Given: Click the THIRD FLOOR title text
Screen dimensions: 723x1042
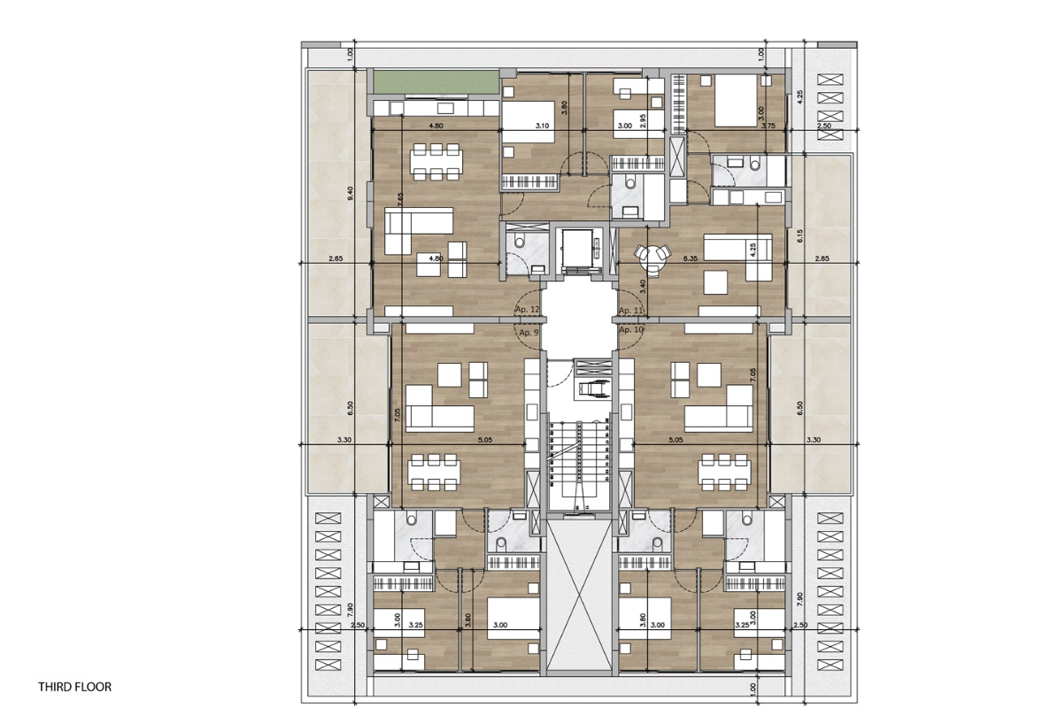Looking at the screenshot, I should (75, 686).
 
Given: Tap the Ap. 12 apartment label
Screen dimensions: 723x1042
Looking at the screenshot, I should (527, 311).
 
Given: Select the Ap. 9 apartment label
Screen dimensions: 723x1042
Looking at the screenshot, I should (529, 332).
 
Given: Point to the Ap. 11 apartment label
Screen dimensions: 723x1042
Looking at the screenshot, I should (630, 311).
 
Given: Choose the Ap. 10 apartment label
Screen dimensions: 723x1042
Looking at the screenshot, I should (630, 329).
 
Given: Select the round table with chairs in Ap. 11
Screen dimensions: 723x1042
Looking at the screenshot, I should (654, 255).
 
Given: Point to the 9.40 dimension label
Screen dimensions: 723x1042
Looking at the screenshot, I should (351, 191).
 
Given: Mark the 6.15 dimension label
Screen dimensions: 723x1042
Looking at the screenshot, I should (799, 236).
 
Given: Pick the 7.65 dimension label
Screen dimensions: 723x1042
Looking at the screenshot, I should (400, 199).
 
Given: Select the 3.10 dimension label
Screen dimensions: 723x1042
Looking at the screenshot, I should (543, 127).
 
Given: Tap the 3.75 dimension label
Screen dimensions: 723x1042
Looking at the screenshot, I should (768, 127).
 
